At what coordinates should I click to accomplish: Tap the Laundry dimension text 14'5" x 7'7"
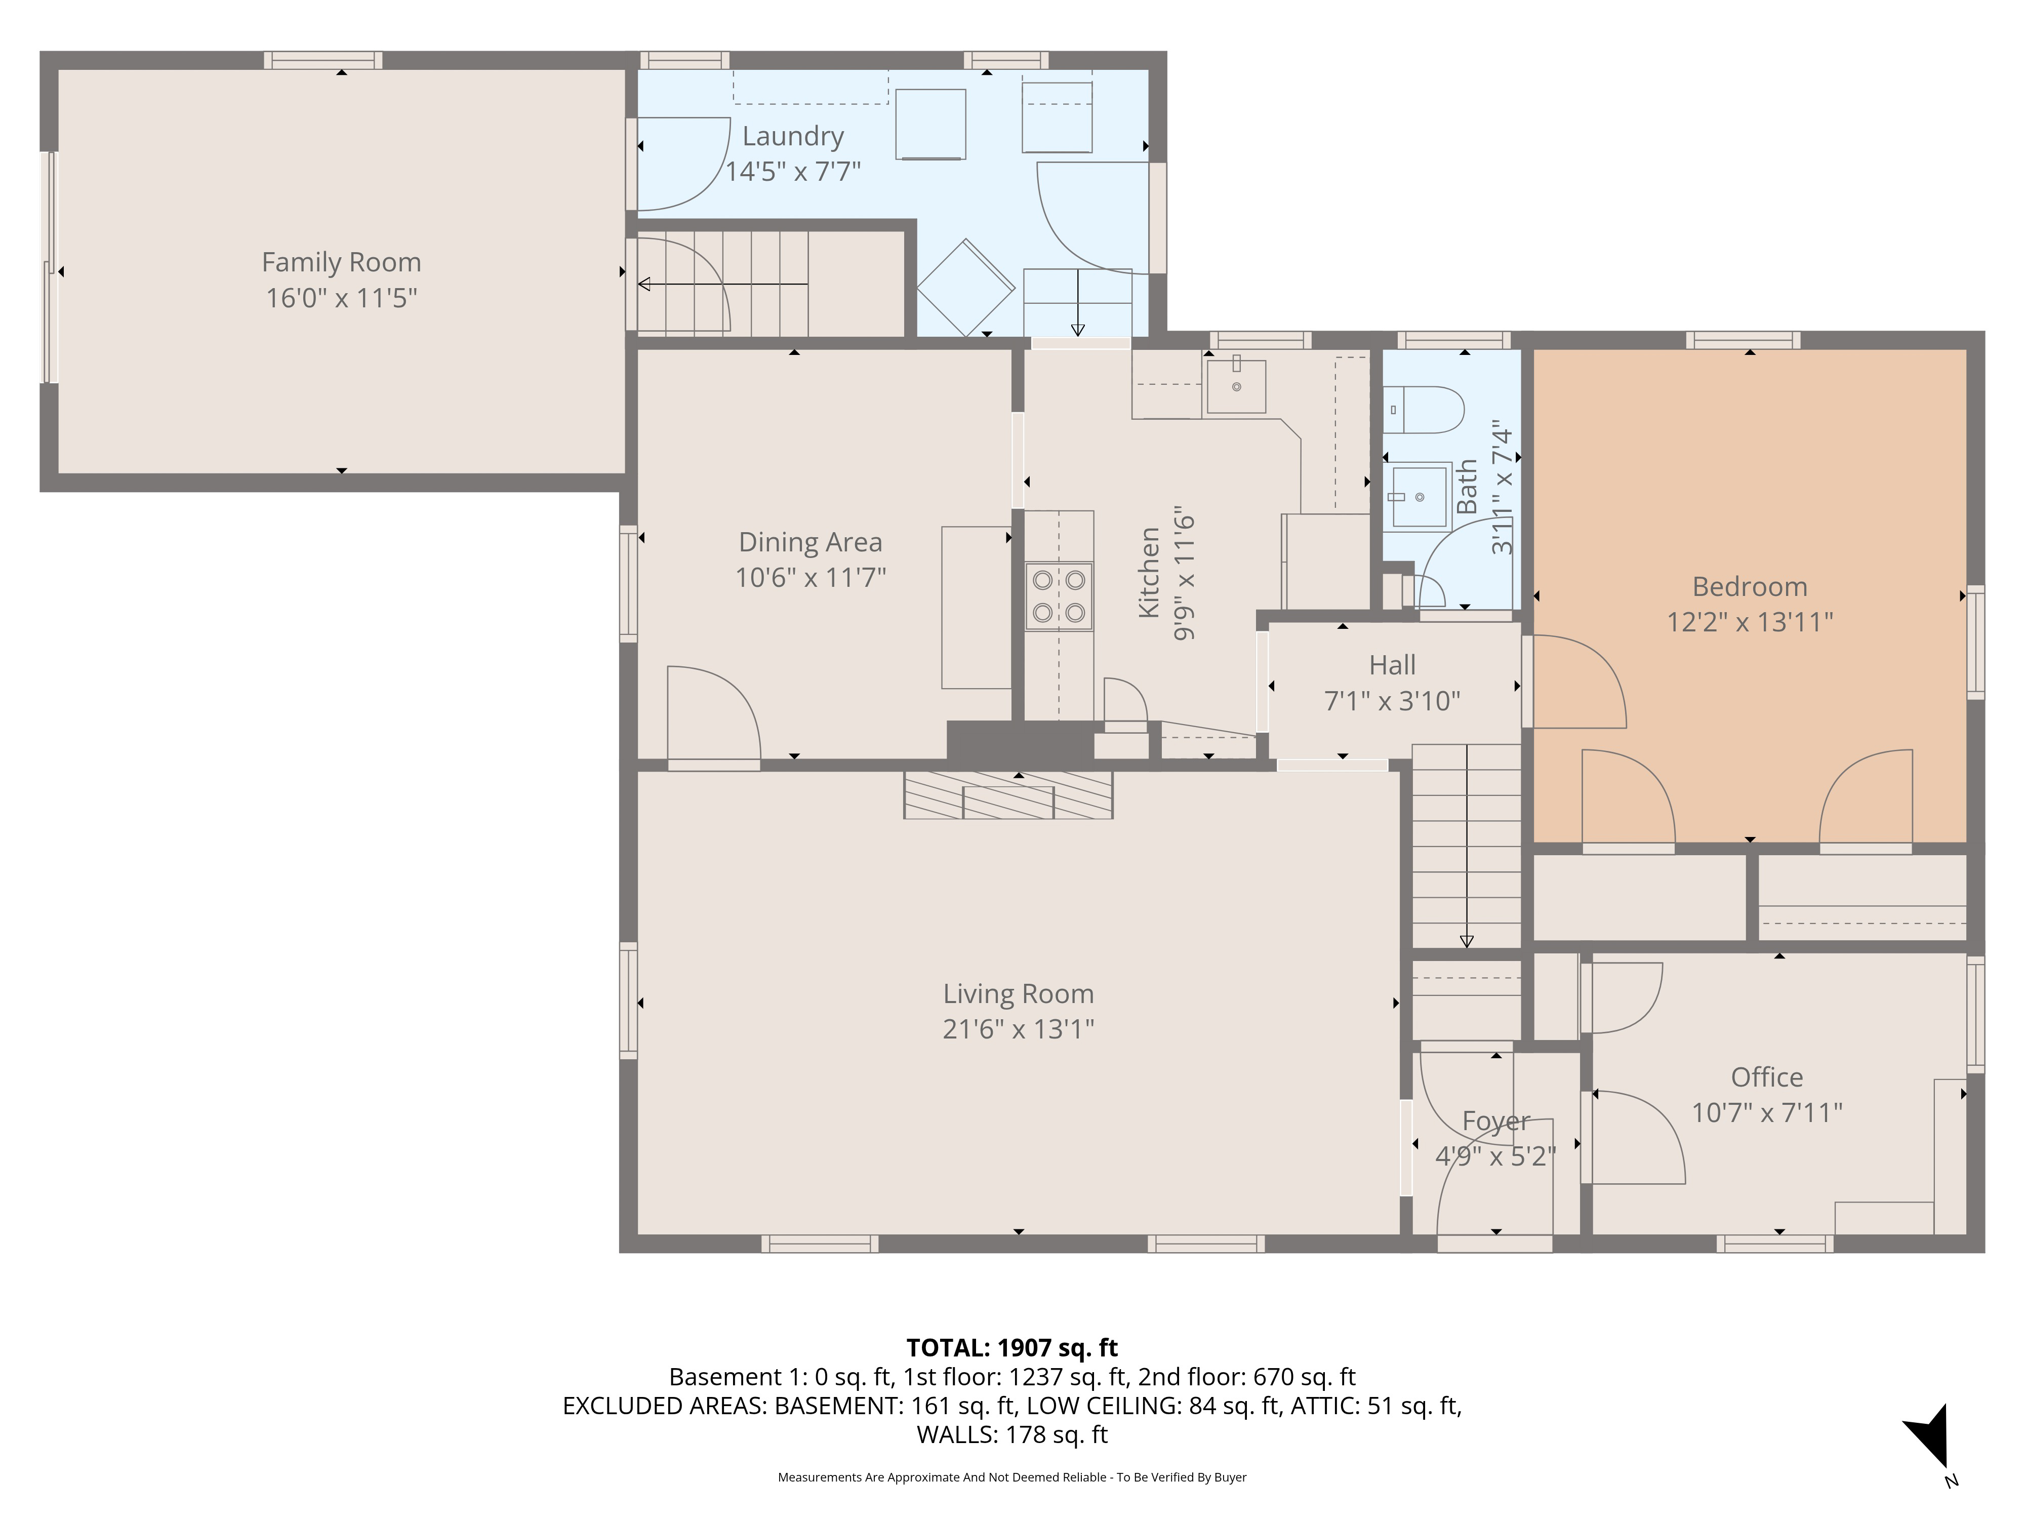[x=793, y=171]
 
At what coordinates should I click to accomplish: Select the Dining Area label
[x=810, y=542]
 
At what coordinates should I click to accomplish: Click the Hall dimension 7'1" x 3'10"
[x=1392, y=701]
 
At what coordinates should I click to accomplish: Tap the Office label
[x=1767, y=1077]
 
